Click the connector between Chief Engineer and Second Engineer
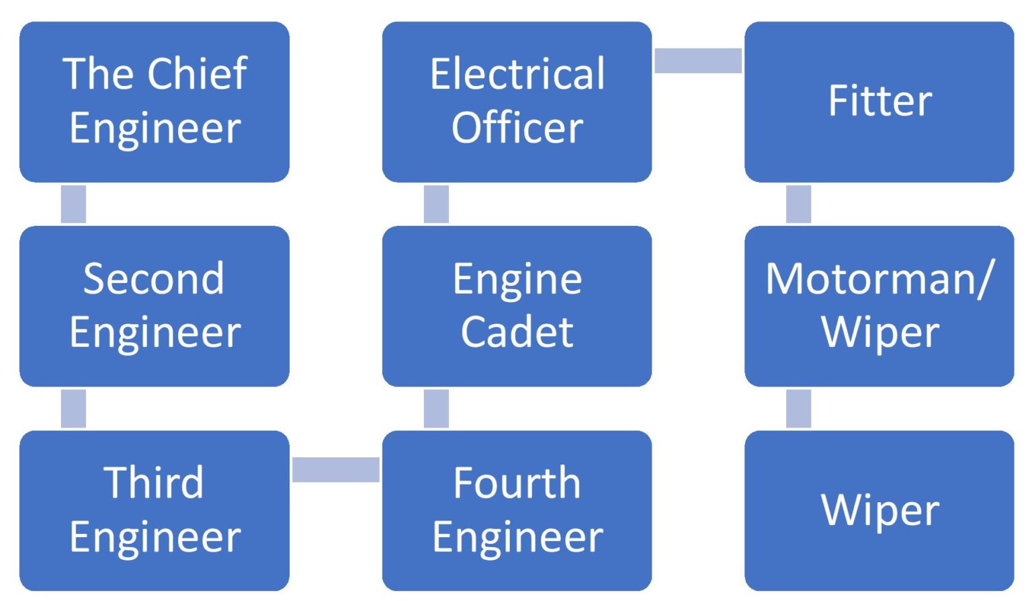click(73, 204)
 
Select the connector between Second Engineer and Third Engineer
click(73, 408)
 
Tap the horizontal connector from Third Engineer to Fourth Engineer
click(335, 469)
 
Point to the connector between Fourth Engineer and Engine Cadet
click(436, 408)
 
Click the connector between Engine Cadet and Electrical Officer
click(436, 204)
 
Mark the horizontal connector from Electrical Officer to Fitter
click(698, 61)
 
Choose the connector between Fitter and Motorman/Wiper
click(798, 204)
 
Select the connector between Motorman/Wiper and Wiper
click(798, 408)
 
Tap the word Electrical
click(517, 73)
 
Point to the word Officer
click(517, 127)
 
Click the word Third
click(154, 483)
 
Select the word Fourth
click(517, 483)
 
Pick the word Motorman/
click(879, 278)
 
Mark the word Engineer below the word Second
click(155, 332)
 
